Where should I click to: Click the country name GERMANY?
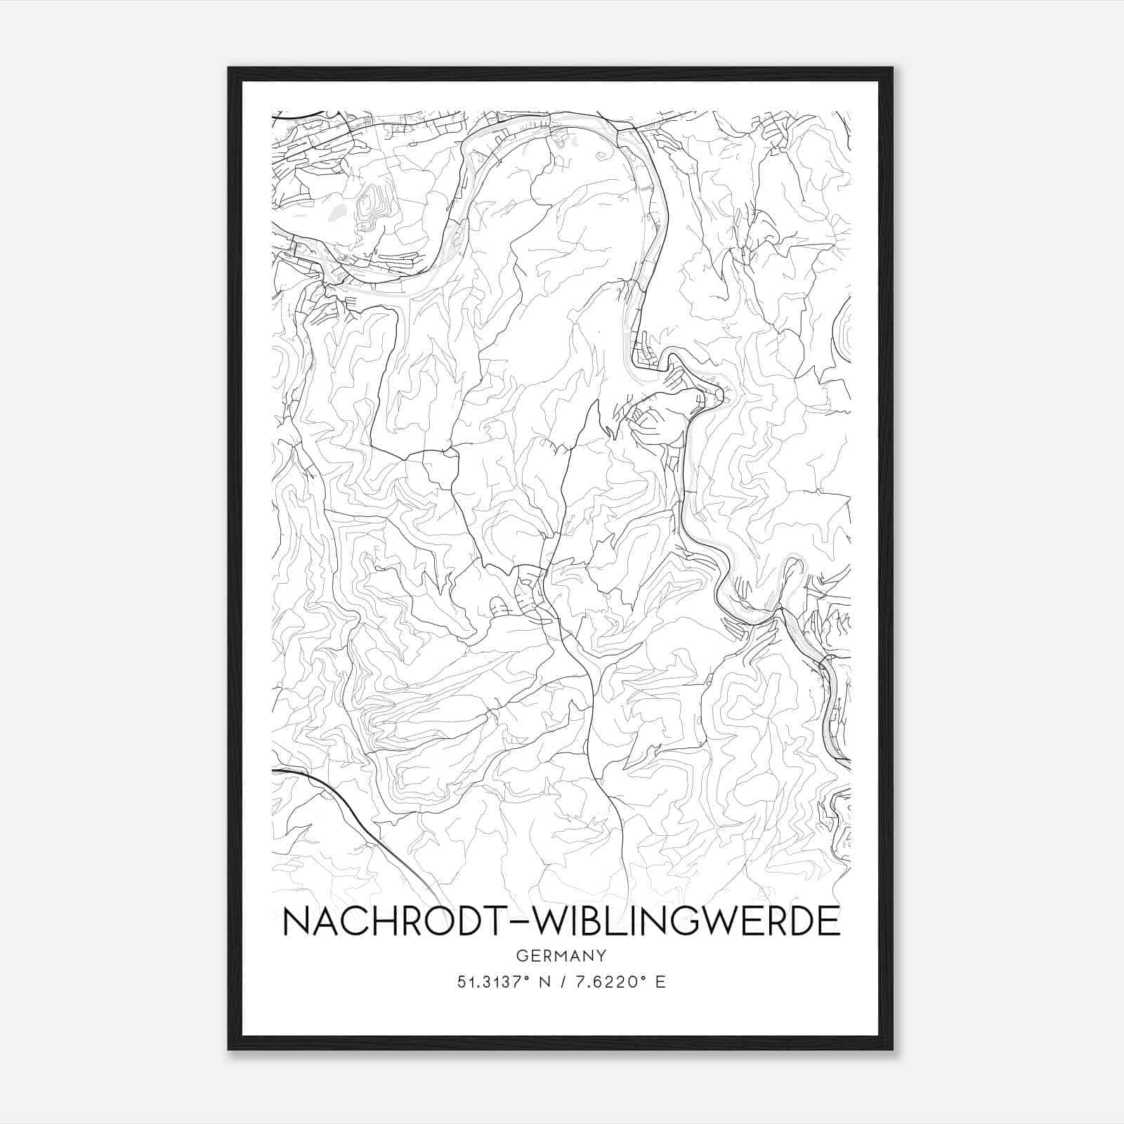[561, 955]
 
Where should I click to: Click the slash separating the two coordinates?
[562, 982]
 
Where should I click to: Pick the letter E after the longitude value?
[660, 982]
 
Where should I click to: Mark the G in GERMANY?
[521, 955]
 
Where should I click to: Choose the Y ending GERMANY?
[602, 955]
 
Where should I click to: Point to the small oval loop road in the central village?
[497, 605]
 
